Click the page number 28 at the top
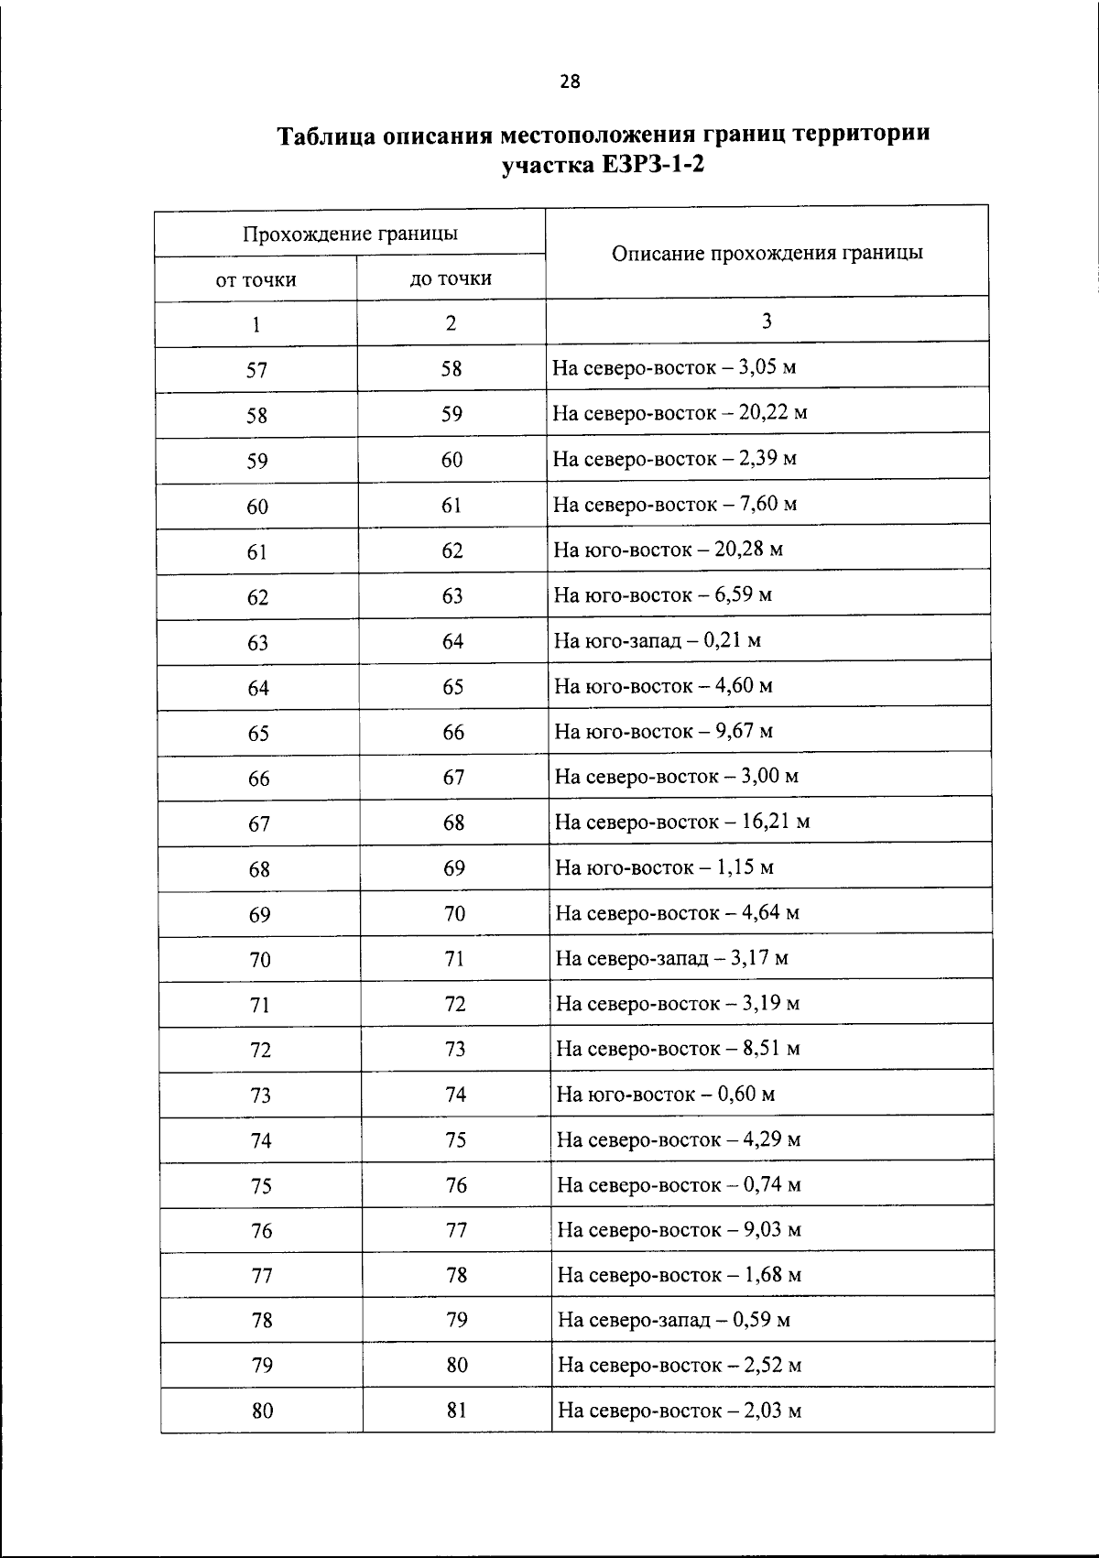569,82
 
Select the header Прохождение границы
350,234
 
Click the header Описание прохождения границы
767,253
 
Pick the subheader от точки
256,280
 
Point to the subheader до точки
451,278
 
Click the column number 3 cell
767,321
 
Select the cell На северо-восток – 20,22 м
680,413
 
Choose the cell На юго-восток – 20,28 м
669,550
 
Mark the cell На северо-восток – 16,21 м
682,822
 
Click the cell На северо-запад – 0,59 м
674,1320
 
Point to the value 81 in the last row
457,1411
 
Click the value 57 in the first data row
256,370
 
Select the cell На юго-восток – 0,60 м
666,1094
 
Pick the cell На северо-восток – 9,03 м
679,1229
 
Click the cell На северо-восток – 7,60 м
675,504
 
